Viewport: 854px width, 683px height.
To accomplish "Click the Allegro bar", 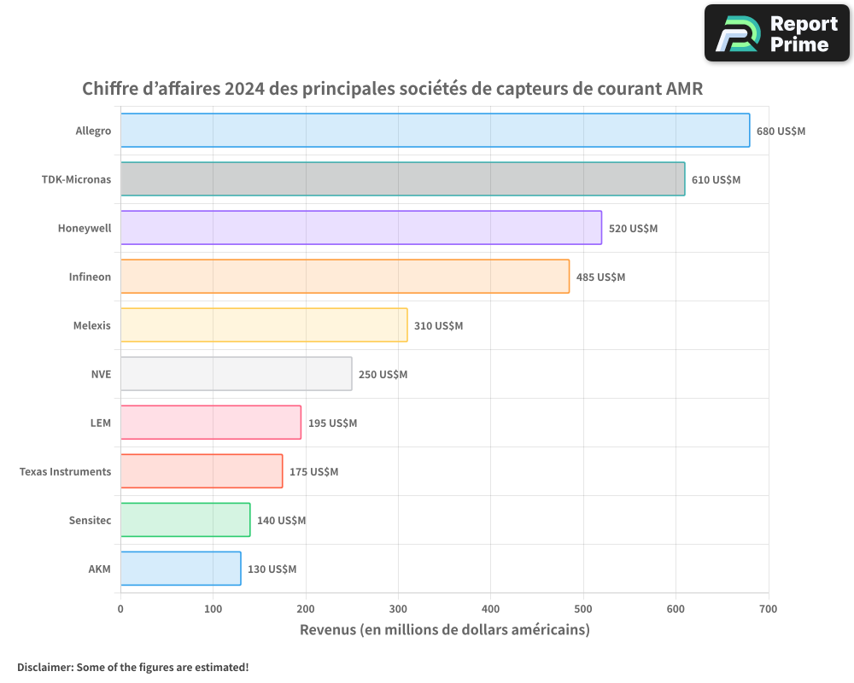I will (x=435, y=131).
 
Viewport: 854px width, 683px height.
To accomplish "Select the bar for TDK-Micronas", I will (x=402, y=179).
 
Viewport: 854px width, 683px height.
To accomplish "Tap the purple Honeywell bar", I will (x=360, y=228).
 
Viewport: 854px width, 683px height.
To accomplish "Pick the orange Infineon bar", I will (x=344, y=277).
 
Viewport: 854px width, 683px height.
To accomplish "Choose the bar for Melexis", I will (x=264, y=325).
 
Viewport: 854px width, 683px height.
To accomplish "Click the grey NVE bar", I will (x=236, y=374).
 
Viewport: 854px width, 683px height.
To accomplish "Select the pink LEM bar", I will (x=210, y=423).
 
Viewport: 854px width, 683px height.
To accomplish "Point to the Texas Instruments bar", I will (x=201, y=471).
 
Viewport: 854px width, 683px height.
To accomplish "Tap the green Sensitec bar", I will (x=185, y=520).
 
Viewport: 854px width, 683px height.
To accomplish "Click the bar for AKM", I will (x=180, y=569).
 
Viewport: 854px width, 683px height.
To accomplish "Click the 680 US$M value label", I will (x=781, y=131).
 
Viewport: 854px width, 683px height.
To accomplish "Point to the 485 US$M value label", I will (x=600, y=277).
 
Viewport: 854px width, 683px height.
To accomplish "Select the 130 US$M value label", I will (x=272, y=569).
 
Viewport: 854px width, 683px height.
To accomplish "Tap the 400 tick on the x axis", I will (x=490, y=609).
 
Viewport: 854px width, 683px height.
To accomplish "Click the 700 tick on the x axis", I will (x=768, y=609).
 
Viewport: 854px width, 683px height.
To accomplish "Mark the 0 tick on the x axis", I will (x=120, y=609).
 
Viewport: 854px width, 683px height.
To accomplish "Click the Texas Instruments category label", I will (x=65, y=472).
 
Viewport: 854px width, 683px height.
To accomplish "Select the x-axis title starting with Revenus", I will (x=444, y=630).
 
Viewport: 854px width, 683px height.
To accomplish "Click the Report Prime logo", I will (x=777, y=33).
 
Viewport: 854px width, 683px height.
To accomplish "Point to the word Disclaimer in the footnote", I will (x=44, y=667).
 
